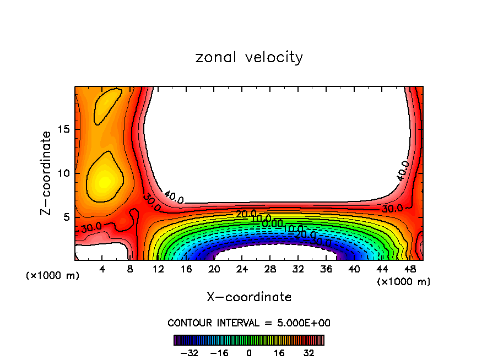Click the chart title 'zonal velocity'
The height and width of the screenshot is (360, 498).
pos(249,57)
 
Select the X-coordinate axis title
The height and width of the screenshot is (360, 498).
pos(249,297)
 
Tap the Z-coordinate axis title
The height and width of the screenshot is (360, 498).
pos(48,173)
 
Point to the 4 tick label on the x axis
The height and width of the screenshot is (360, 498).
pos(102,269)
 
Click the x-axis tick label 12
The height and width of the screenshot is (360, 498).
pos(158,269)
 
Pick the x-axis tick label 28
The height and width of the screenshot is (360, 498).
pos(270,269)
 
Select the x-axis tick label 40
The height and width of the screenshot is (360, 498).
pos(354,269)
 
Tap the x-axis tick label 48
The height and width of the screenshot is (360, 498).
pos(409,269)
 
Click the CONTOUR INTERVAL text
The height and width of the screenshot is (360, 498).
pos(249,323)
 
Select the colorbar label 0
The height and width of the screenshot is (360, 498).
pos(249,352)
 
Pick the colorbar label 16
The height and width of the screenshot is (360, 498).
pos(279,352)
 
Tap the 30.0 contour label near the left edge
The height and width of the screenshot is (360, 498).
pos(91,226)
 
